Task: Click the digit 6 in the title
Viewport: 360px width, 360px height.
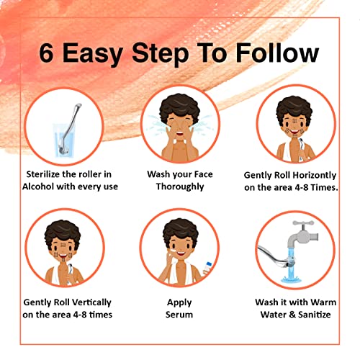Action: pyautogui.click(x=46, y=53)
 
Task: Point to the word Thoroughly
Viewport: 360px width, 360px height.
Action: pyautogui.click(x=180, y=186)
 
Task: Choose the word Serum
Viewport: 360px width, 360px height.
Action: pyautogui.click(x=179, y=315)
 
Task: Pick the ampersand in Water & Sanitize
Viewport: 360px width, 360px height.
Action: pyautogui.click(x=292, y=315)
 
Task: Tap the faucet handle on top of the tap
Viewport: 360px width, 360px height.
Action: pyautogui.click(x=303, y=223)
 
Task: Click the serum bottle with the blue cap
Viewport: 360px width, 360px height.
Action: pyautogui.click(x=207, y=268)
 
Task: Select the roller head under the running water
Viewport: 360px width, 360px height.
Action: pyautogui.click(x=291, y=262)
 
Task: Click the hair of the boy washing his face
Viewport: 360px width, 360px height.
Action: pyautogui.click(x=180, y=106)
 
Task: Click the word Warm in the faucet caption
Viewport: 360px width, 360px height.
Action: pyautogui.click(x=323, y=302)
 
